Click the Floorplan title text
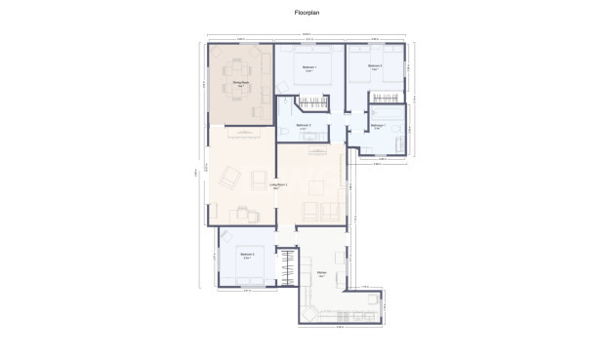pyautogui.click(x=307, y=15)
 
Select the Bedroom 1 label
pyautogui.click(x=308, y=67)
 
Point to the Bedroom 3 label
pyautogui.click(x=374, y=67)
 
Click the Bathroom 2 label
pyautogui.click(x=304, y=126)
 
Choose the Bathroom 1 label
pyautogui.click(x=378, y=126)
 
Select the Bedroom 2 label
pyautogui.click(x=248, y=256)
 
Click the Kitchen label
pyautogui.click(x=320, y=273)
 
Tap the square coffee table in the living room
pyautogui.click(x=311, y=209)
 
